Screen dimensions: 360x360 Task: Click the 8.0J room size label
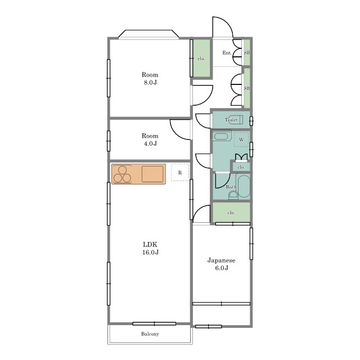(150, 83)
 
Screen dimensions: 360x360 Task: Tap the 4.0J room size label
(150, 143)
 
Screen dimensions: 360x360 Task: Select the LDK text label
(150, 244)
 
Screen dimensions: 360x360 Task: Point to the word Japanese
(221, 260)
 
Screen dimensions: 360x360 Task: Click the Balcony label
(150, 334)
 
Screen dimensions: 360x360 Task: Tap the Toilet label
(231, 120)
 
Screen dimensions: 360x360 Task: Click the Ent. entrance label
(227, 53)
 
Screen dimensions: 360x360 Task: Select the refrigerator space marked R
(180, 173)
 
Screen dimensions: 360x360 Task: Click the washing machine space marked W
(241, 139)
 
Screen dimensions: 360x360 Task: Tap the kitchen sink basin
(152, 174)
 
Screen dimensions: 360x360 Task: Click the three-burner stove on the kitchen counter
(122, 174)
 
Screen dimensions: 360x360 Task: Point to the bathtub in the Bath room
(244, 186)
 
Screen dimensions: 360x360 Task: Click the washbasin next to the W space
(221, 136)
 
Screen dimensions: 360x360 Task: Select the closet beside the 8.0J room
(201, 58)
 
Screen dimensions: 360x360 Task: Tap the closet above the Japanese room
(231, 213)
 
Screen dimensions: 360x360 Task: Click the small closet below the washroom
(241, 167)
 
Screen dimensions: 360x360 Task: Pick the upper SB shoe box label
(247, 53)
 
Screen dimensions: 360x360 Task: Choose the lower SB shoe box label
(247, 88)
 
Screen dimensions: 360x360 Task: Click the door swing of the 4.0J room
(180, 129)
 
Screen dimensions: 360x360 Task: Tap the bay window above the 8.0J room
(148, 34)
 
